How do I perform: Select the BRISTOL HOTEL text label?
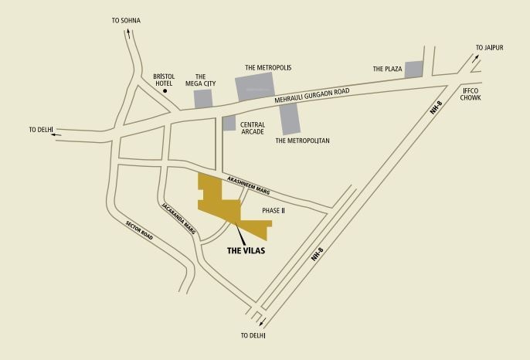tap(165, 80)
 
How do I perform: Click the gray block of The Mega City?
tap(202, 99)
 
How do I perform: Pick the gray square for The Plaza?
tap(414, 69)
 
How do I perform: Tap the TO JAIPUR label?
tap(489, 48)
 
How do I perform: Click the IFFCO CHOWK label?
tap(472, 93)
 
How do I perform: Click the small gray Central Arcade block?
tap(229, 123)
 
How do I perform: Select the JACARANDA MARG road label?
tap(179, 220)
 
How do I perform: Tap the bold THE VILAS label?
tap(246, 250)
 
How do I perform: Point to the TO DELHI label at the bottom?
tap(253, 336)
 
